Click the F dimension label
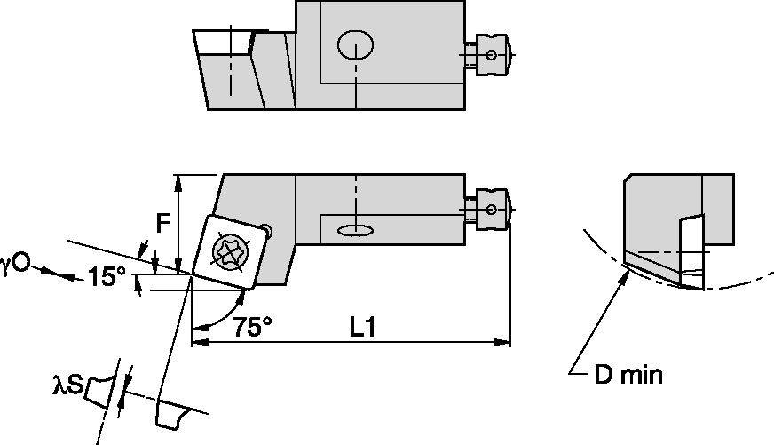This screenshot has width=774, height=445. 162,225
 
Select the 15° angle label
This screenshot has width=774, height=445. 107,277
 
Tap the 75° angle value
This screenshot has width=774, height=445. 252,327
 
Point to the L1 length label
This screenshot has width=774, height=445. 361,327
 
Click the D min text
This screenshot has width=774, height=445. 628,375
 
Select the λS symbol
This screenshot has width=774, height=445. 67,385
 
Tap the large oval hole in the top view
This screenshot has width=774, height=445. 356,44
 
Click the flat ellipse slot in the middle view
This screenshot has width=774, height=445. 355,231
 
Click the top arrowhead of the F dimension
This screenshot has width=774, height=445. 179,181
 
